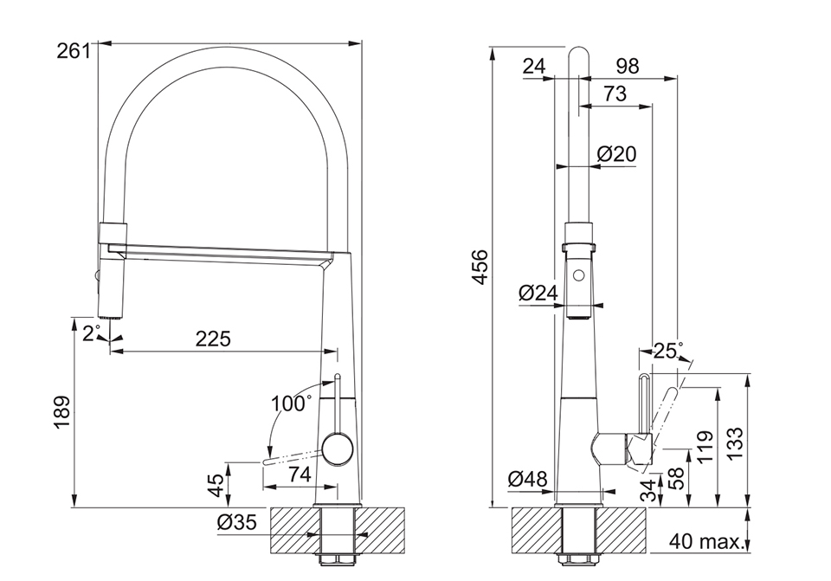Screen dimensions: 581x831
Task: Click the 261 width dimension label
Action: coord(74,51)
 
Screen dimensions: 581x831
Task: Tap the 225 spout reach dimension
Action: coord(213,339)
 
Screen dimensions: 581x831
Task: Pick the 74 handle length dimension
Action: coord(299,474)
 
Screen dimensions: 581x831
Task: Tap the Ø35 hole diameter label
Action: coord(237,522)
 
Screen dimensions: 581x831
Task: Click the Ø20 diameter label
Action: coord(617,154)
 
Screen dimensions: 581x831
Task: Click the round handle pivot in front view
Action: coord(337,450)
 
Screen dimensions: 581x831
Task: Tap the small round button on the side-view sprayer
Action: coord(579,277)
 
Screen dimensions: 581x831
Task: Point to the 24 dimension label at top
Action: coord(534,67)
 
